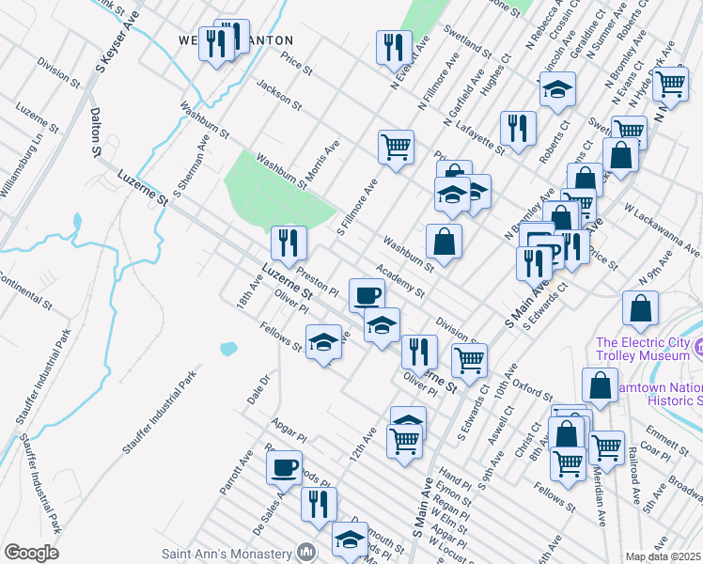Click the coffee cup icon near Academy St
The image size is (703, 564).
(367, 296)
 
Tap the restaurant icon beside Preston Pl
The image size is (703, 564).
(289, 243)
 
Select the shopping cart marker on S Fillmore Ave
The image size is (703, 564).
(397, 147)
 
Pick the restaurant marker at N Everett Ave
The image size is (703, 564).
(394, 47)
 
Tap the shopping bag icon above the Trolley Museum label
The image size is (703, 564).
(640, 308)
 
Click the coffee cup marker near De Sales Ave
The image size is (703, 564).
(284, 467)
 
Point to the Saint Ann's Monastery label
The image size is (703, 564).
(226, 553)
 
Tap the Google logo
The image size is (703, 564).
(31, 553)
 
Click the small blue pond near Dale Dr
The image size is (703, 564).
(228, 349)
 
